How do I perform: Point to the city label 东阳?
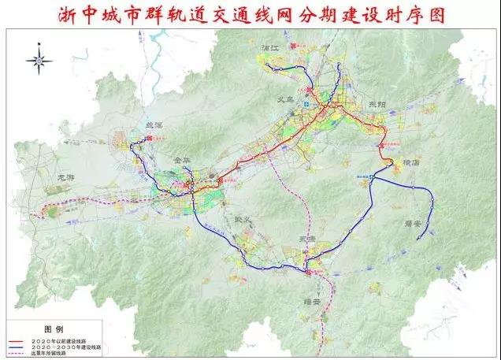click(377, 105)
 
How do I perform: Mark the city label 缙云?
click(314, 300)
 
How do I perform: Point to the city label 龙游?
click(69, 178)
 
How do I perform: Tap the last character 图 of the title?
click(433, 15)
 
